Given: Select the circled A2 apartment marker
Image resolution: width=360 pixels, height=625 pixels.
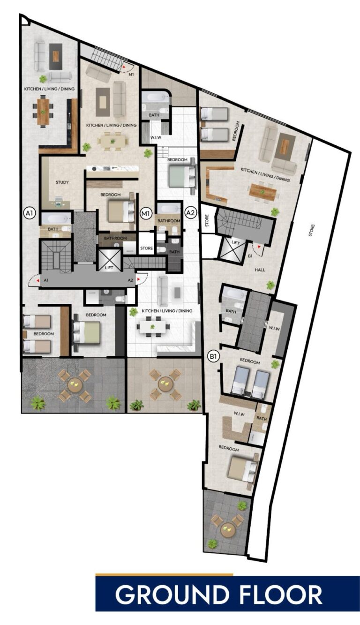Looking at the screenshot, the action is (190, 213).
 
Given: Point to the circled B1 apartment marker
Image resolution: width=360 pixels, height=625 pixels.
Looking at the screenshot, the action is (214, 356).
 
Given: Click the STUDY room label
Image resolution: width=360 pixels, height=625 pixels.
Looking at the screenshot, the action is (62, 182).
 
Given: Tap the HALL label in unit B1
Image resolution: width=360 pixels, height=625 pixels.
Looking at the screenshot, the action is (260, 270).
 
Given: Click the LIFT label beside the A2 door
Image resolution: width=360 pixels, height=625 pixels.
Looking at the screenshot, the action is (109, 268).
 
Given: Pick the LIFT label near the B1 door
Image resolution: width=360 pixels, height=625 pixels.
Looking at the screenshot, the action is (236, 243).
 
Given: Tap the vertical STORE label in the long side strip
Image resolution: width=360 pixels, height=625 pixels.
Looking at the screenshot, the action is (311, 231).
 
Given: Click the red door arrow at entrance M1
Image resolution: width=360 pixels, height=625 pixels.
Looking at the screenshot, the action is (124, 67).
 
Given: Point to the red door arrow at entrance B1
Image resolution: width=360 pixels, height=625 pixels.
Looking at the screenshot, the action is (259, 247).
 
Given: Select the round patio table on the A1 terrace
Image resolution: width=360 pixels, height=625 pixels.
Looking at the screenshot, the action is (75, 385).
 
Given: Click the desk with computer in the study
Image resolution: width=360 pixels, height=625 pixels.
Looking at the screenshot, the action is (59, 202).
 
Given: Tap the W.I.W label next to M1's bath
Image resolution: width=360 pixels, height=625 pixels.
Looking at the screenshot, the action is (156, 137).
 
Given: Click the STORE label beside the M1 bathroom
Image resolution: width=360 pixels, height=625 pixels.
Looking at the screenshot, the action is (146, 248).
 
